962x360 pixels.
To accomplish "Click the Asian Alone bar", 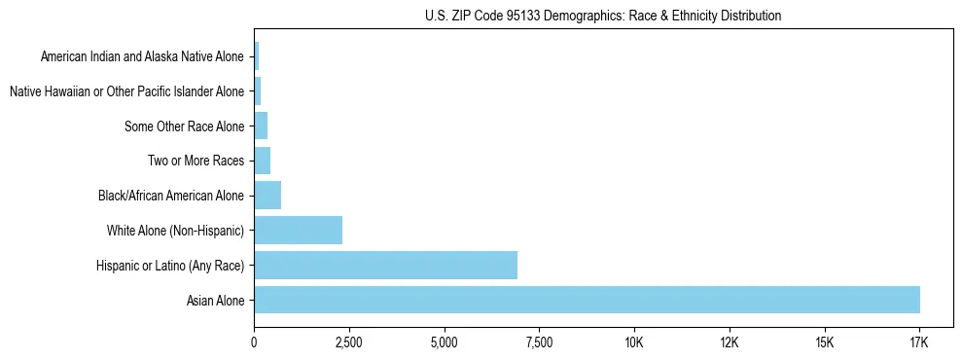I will click(587, 300).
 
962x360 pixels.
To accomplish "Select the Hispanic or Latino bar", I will click(385, 265).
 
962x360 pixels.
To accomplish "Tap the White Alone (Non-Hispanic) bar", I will click(298, 231).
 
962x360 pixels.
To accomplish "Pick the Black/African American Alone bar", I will click(267, 196).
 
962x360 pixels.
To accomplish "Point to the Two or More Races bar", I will click(262, 161).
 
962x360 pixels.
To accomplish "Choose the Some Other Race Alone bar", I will click(261, 126).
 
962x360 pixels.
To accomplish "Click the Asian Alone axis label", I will click(215, 301).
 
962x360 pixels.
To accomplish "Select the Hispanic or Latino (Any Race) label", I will click(170, 266).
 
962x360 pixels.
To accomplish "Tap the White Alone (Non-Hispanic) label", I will click(175, 231).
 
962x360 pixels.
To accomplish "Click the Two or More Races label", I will click(196, 162).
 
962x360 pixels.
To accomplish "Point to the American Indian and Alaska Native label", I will click(142, 57).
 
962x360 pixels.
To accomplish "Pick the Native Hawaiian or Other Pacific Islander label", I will click(126, 92).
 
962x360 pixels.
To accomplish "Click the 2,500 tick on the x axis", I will click(348, 343).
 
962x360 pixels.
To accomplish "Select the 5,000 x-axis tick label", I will click(444, 343).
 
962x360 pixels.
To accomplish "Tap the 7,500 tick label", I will click(539, 343).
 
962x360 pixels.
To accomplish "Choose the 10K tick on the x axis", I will click(633, 343).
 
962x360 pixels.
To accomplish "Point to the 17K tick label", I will click(918, 343).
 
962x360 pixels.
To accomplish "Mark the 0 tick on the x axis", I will click(254, 343).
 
